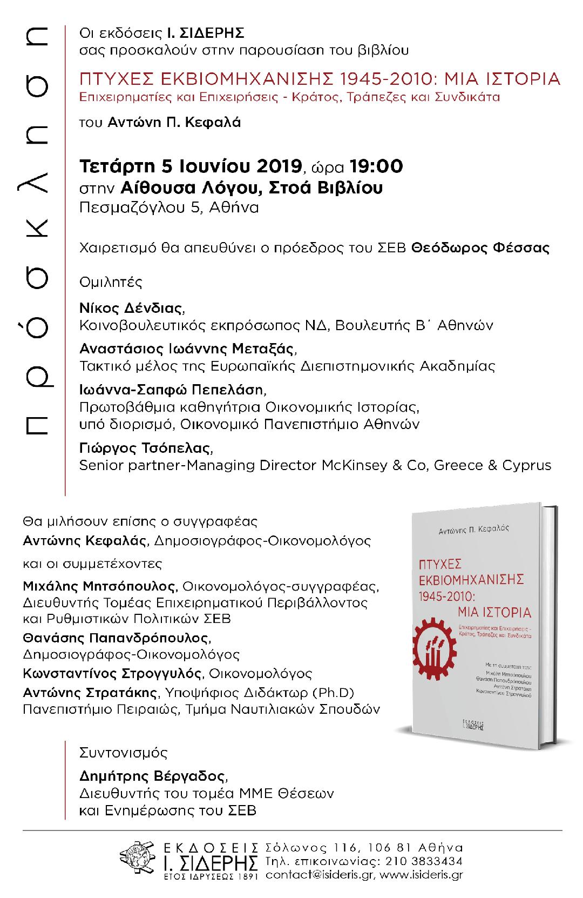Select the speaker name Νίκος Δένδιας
pyautogui.click(x=131, y=309)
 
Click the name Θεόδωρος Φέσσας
pyautogui.click(x=480, y=248)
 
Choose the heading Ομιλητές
pyautogui.click(x=111, y=282)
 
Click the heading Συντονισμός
pyautogui.click(x=123, y=752)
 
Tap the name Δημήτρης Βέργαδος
pyautogui.click(x=153, y=776)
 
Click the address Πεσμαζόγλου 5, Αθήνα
pyautogui.click(x=169, y=207)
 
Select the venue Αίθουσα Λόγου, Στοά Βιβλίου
pyautogui.click(x=252, y=187)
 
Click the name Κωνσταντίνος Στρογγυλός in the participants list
pyautogui.click(x=113, y=674)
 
